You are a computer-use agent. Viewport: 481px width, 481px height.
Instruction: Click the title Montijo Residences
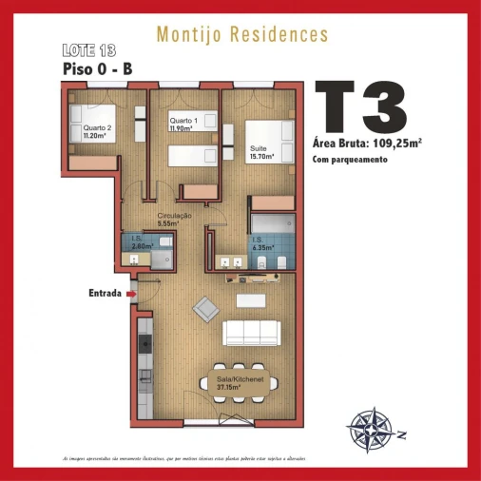coord(241,35)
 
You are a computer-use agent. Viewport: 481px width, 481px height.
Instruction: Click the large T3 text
coord(360,107)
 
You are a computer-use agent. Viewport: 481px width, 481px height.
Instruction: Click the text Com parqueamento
coord(350,160)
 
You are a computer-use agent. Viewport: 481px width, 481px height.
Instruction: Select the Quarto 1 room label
coord(183,122)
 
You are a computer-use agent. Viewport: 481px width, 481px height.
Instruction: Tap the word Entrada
coord(104,293)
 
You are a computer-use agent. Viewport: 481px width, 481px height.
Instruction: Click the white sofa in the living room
coord(250,333)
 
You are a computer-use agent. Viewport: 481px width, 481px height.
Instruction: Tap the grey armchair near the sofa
coord(205,307)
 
